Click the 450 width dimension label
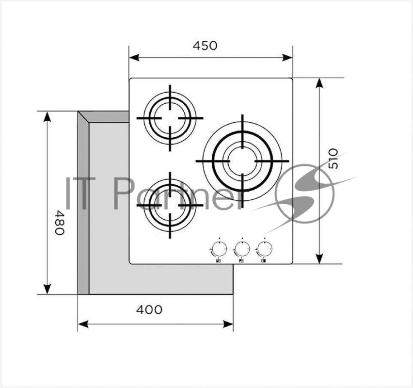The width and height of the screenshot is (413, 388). [205, 46]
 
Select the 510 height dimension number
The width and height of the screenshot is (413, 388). [333, 159]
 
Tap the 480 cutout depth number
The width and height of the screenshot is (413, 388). [60, 223]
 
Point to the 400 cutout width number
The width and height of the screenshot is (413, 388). [149, 310]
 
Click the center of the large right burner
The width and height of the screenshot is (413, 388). [242, 161]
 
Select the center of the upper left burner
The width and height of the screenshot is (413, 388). [170, 118]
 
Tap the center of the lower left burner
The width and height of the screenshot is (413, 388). [170, 205]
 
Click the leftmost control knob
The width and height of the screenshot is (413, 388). [219, 248]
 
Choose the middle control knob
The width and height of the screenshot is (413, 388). [242, 248]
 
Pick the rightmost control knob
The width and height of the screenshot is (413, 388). [265, 248]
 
